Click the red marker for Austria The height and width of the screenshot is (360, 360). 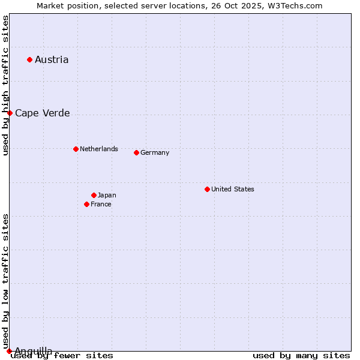(x=29, y=59)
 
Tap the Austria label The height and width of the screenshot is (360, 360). (x=52, y=59)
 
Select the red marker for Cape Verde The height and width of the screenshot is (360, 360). (x=10, y=113)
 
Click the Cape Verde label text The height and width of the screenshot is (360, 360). (x=42, y=113)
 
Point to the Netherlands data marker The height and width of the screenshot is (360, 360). (x=76, y=149)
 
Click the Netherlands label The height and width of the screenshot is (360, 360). (x=98, y=149)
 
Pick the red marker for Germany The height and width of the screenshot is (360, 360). (x=136, y=152)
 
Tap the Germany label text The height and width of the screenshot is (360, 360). (x=155, y=152)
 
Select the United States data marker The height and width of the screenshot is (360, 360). (x=207, y=189)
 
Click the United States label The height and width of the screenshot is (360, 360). (x=232, y=189)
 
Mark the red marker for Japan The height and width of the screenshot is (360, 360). (x=94, y=195)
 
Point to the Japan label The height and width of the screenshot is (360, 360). (x=107, y=195)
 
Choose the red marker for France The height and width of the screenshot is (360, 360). (x=86, y=204)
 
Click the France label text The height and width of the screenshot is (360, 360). (x=101, y=204)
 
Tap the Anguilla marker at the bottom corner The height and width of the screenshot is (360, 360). (x=9, y=351)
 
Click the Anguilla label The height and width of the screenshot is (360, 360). (x=33, y=351)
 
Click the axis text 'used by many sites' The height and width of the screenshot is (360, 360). (x=301, y=356)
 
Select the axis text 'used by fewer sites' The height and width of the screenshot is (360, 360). (x=62, y=356)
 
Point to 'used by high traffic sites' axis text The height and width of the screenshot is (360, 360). (x=5, y=85)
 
